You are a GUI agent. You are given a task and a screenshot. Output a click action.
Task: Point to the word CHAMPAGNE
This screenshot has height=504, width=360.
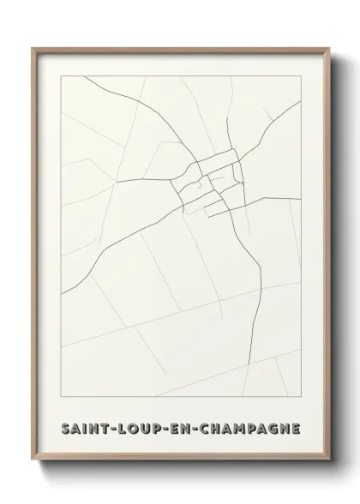(249, 428)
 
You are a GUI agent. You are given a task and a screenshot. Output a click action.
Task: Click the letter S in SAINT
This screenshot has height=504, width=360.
(66, 428)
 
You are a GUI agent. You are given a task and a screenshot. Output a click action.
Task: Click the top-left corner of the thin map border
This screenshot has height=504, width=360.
(61, 75)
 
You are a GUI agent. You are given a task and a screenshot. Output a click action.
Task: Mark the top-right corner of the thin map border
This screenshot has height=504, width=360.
(301, 75)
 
